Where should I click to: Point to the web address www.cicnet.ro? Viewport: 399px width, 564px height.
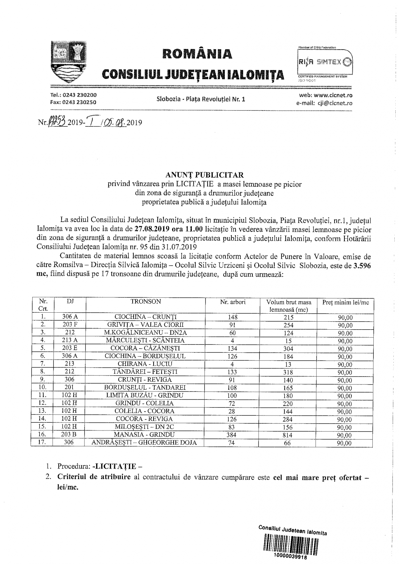click(x=332, y=96)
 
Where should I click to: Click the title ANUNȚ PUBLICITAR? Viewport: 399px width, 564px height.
click(x=204, y=175)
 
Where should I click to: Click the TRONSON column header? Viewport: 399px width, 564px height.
click(x=146, y=302)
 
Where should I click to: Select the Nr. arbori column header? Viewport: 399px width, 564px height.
click(x=233, y=302)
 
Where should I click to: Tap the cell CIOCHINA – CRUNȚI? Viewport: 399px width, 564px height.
click(x=146, y=317)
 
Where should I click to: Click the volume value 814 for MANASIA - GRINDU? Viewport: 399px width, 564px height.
click(x=288, y=435)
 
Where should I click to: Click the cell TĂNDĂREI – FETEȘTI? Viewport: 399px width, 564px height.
click(x=146, y=372)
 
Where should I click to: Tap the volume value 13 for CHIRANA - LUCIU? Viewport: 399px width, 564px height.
click(x=288, y=364)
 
